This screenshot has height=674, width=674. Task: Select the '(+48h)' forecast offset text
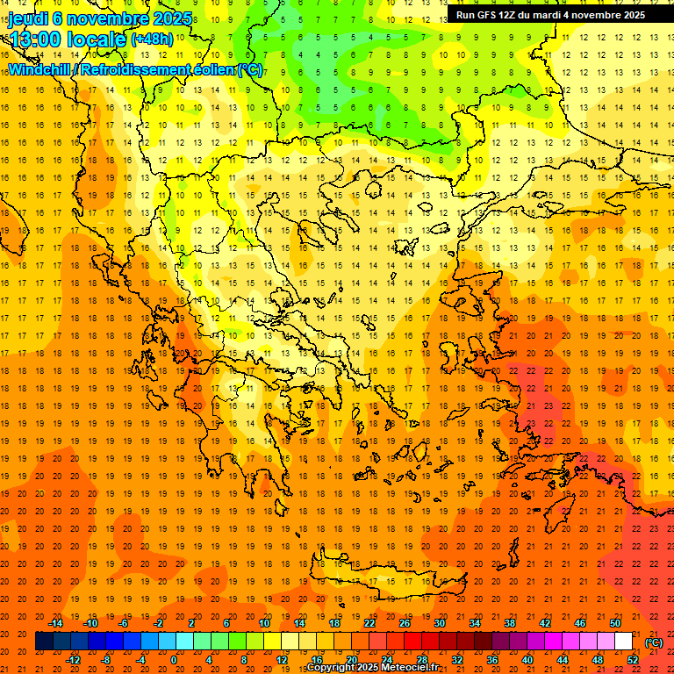coord(153,39)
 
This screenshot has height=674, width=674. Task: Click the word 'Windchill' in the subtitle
coord(39,69)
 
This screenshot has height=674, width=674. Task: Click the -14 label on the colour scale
coord(56,623)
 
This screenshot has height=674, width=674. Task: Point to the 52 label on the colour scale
coord(632,659)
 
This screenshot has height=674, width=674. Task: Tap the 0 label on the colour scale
coord(174,659)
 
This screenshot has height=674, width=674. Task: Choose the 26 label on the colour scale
coord(405,623)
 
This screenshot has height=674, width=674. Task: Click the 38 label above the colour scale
coord(510,623)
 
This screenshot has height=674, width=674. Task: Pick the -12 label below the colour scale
coord(74,659)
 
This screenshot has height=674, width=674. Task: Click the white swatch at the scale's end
coord(623,642)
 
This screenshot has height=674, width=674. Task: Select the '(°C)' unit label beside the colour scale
coord(654,642)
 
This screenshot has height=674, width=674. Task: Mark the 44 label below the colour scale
coord(562,659)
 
